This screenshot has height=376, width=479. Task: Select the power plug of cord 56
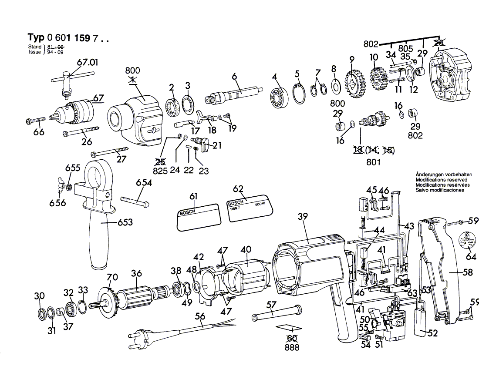coord(138,336)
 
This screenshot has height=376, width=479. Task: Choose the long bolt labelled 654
coord(135,201)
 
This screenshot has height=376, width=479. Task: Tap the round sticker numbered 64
coord(468,241)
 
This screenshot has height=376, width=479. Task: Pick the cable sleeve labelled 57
coord(276,312)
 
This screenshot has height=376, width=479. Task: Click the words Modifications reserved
coord(441,179)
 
